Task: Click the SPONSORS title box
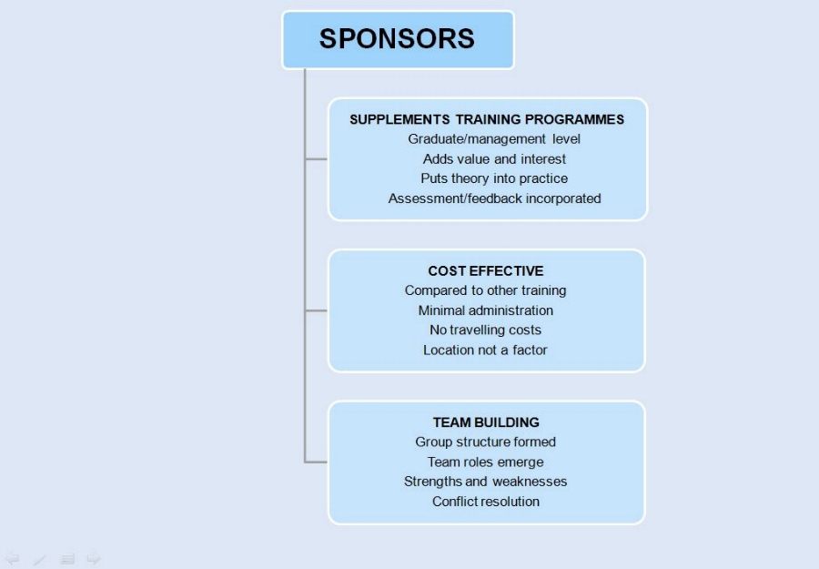[x=398, y=39]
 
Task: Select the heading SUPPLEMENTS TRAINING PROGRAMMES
[x=487, y=119]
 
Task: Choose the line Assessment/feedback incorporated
[x=494, y=198]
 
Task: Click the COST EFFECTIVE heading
[x=486, y=270]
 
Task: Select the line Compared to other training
[x=486, y=290]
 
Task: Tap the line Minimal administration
[x=486, y=310]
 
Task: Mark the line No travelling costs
[x=486, y=330]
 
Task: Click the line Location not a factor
[x=486, y=351]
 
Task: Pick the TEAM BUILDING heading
[x=486, y=422]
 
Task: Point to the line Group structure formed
[x=486, y=442]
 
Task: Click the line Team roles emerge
[x=486, y=462]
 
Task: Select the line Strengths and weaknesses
[x=486, y=482]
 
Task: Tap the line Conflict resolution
[x=486, y=502]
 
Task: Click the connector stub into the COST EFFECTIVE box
[x=317, y=310]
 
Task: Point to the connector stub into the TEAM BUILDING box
[x=317, y=462]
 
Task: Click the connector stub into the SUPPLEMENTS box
[x=317, y=159]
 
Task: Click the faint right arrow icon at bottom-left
[x=93, y=558]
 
